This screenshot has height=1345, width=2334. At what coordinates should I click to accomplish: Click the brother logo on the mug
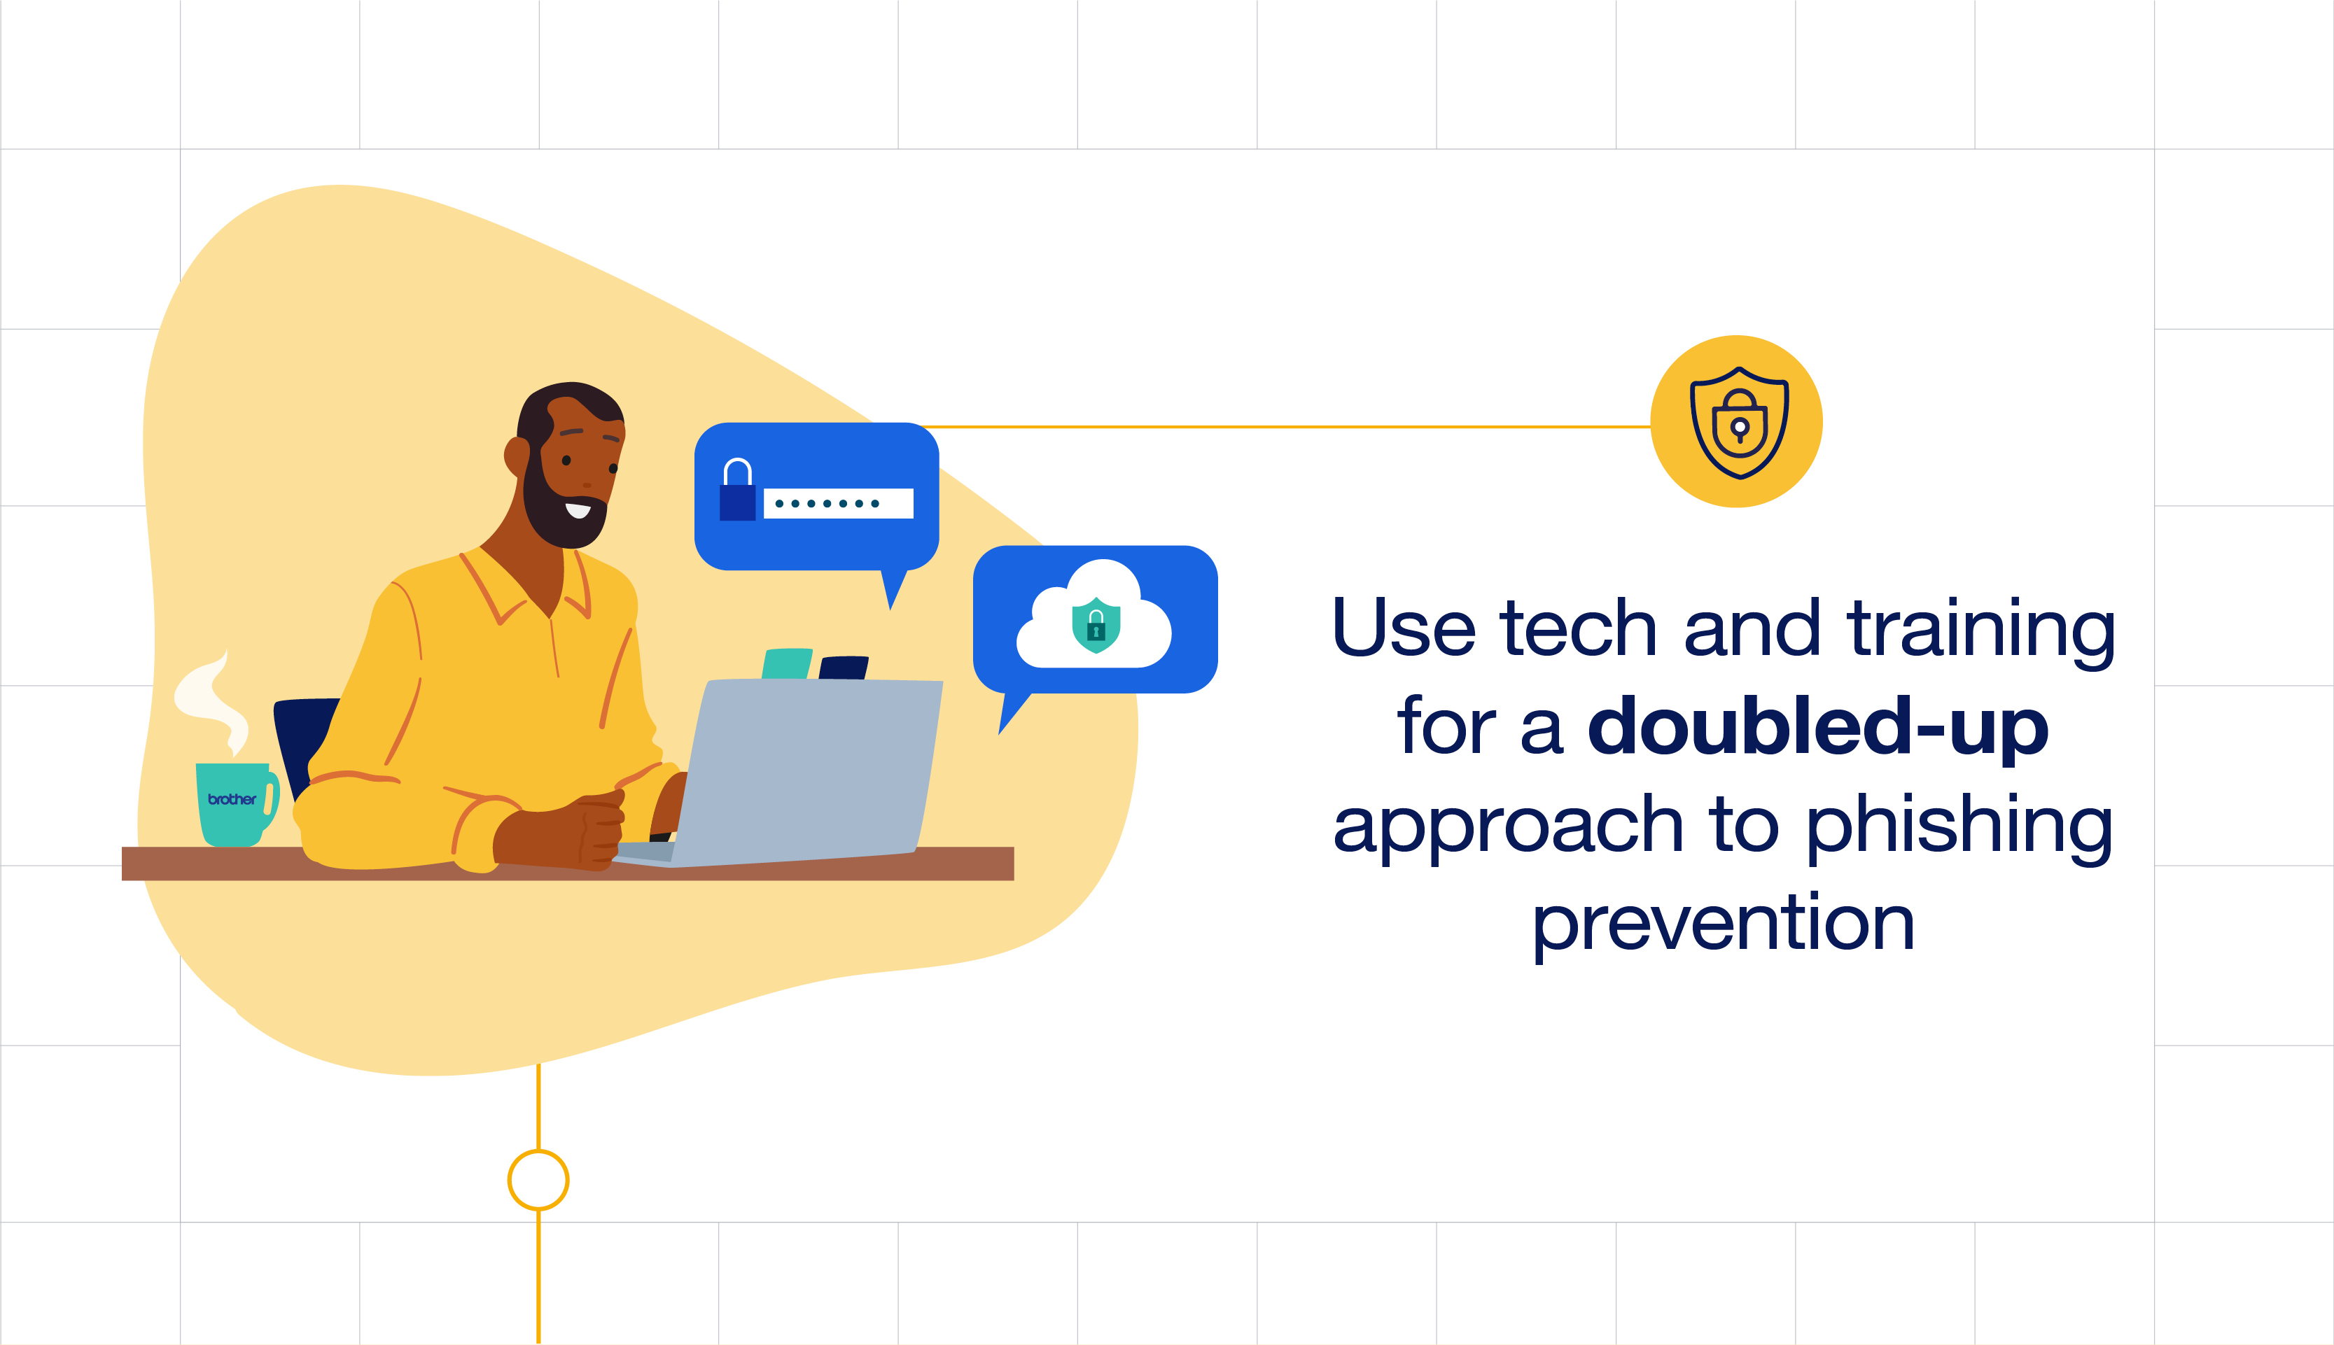coord(231,799)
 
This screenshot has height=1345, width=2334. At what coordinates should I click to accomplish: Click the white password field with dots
coord(838,503)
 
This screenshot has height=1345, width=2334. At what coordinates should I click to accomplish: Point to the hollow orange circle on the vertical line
coord(538,1180)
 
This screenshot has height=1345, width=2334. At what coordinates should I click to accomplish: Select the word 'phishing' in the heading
coord(1959,826)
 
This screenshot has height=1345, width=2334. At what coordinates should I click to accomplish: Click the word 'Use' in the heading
coord(1403,628)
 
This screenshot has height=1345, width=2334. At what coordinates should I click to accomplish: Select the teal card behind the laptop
coord(786,663)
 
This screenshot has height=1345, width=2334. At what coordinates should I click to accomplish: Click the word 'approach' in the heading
coord(1508,826)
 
